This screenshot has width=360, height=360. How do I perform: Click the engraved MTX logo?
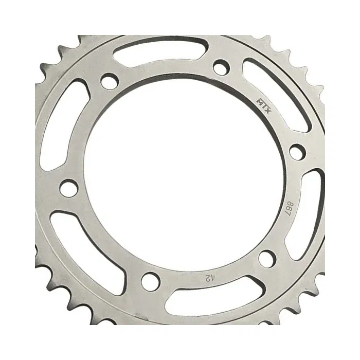[x=264, y=106]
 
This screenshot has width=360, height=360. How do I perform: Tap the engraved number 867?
[x=289, y=208]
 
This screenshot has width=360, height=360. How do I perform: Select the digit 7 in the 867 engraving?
[x=288, y=213]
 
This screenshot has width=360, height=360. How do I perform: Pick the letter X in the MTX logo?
[x=268, y=111]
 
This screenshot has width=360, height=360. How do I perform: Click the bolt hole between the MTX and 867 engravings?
[x=298, y=152]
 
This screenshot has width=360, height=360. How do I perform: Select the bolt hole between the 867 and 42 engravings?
[x=267, y=259]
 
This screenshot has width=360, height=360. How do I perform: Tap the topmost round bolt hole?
[x=221, y=67]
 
